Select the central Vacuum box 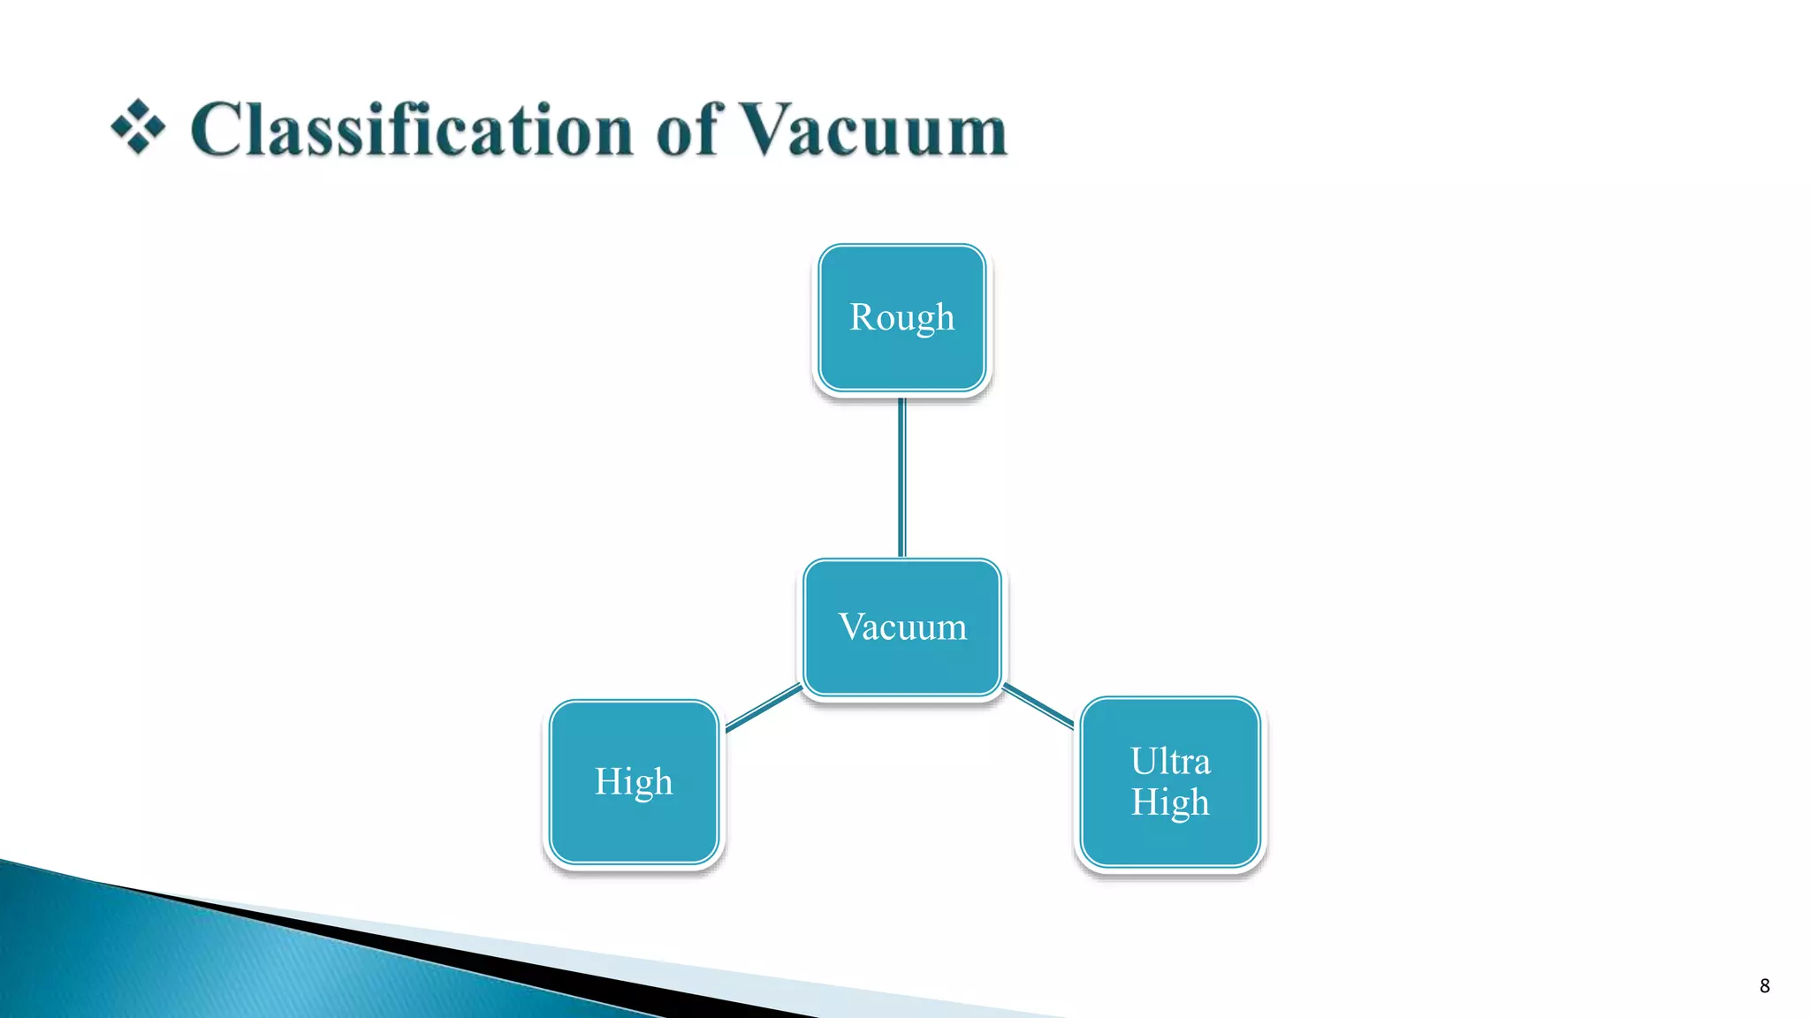tap(902, 663)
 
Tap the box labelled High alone tap(634, 822)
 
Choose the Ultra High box tap(1170, 839)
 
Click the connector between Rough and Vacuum tap(901, 477)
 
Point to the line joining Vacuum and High tap(763, 709)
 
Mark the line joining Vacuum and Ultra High tap(1038, 705)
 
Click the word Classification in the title tap(411, 131)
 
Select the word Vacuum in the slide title tap(872, 131)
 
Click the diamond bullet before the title tap(138, 127)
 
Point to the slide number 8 tap(1764, 986)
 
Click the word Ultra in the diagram tap(1170, 761)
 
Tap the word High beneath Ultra tap(1170, 802)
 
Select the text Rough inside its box tap(901, 317)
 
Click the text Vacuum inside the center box tap(902, 627)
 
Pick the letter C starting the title tap(218, 131)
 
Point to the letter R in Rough tap(862, 316)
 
